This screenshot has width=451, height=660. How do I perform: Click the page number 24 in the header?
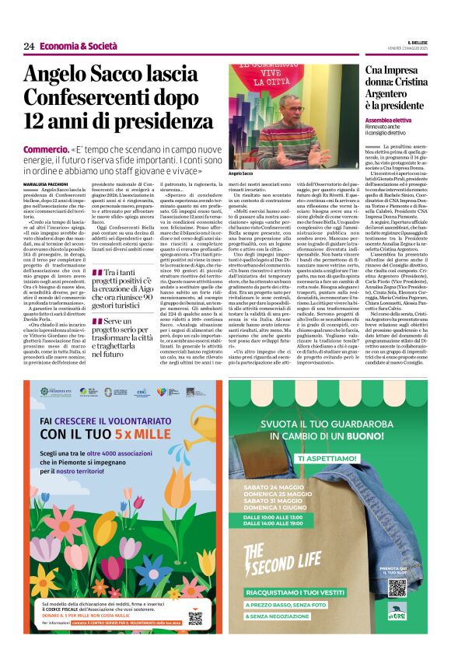pos(29,46)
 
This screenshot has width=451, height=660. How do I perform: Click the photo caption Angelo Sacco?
pos(241,173)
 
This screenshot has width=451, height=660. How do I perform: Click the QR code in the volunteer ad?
pos(194,618)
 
